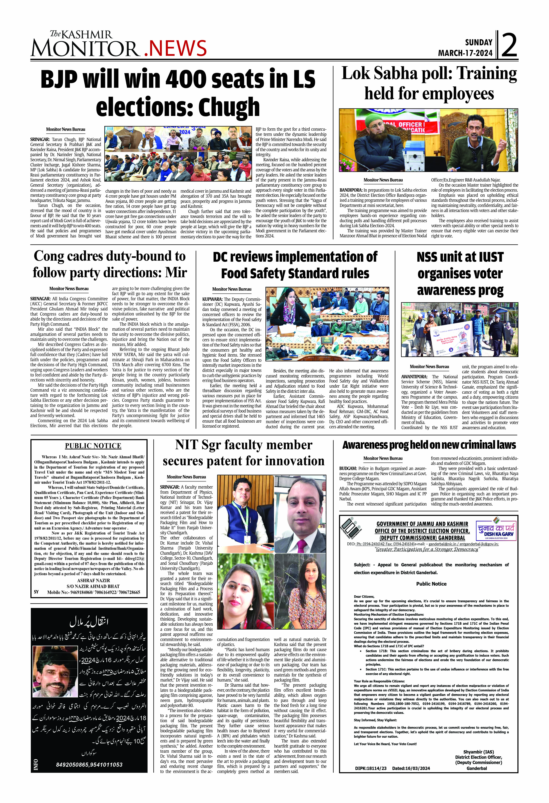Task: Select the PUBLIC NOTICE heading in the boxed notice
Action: coord(93,446)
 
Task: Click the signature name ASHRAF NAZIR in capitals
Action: coord(93,580)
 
